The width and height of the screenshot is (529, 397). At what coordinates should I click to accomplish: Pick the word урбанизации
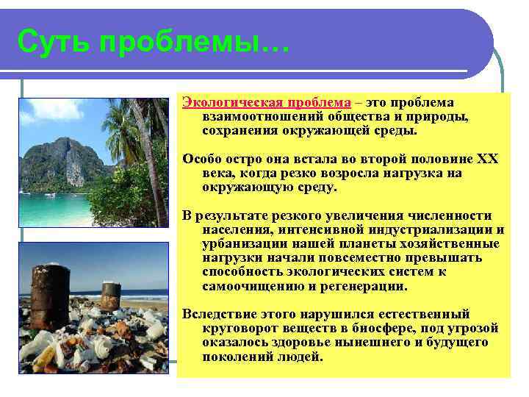[241, 243]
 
